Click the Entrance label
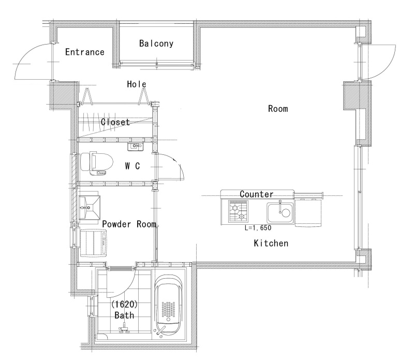85,52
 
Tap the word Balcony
156,44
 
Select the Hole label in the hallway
137,84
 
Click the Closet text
115,122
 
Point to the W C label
132,166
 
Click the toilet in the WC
96,163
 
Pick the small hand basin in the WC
135,146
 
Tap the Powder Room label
129,224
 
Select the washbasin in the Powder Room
89,208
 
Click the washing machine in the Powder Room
93,242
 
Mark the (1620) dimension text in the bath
124,305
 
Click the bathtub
169,305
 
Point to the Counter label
256,194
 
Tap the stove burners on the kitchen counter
238,211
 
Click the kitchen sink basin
280,213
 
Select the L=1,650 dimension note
258,227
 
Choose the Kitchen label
271,243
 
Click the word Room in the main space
278,109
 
